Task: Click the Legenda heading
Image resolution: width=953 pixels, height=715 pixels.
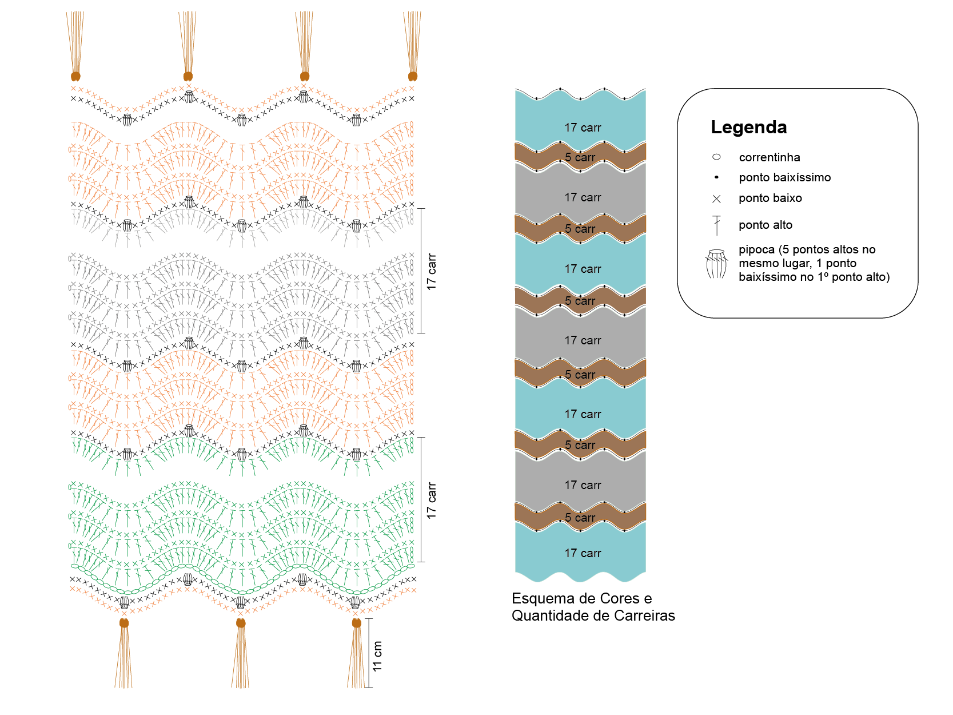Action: [x=748, y=127]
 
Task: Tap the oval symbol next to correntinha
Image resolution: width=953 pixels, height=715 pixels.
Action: [x=716, y=157]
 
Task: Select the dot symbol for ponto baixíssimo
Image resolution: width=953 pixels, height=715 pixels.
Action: [x=716, y=177]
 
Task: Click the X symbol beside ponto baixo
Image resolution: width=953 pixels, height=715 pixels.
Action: [x=716, y=199]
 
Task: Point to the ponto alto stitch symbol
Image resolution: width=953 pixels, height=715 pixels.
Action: [x=716, y=225]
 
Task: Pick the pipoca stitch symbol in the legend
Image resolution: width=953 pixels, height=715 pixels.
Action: [x=716, y=264]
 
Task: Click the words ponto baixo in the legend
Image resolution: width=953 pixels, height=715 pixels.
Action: [x=770, y=198]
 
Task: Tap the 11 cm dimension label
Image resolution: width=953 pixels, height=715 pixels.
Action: [x=377, y=656]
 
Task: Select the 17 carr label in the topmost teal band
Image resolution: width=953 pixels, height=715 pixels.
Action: [x=583, y=128]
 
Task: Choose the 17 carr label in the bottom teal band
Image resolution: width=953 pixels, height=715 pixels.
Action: [x=583, y=553]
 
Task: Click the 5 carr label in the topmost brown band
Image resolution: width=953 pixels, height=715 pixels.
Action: [x=580, y=157]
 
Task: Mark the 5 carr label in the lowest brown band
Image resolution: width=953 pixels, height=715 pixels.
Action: [x=580, y=517]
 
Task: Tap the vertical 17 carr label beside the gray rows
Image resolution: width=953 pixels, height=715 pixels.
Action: [x=431, y=272]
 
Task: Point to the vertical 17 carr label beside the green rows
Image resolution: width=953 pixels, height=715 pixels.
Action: [x=431, y=500]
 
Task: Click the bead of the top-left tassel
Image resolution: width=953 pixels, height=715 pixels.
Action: [x=75, y=77]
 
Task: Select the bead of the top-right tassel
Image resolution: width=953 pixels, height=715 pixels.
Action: [x=412, y=77]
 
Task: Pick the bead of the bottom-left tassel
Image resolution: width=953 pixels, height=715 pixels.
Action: [x=124, y=623]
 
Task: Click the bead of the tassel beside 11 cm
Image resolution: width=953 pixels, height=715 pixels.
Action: [x=357, y=623]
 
